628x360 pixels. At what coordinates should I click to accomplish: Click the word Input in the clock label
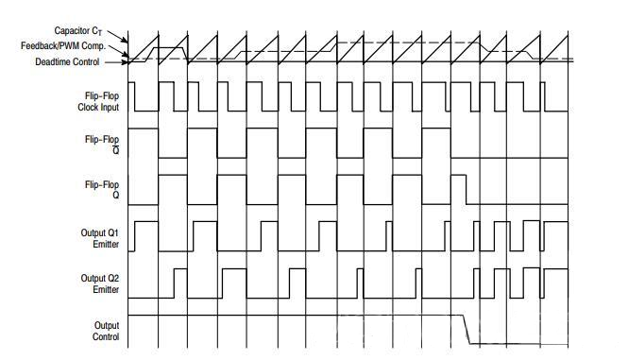(x=110, y=107)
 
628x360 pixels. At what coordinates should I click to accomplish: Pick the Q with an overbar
(x=115, y=149)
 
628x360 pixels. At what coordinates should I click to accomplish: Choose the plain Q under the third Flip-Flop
(x=115, y=196)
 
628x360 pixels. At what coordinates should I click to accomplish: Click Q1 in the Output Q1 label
(x=111, y=231)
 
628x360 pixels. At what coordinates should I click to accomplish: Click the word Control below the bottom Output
(x=106, y=336)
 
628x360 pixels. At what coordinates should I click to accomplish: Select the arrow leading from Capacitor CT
(x=122, y=39)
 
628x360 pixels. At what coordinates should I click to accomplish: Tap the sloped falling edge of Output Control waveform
(x=467, y=328)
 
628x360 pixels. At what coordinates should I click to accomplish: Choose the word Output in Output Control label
(x=106, y=324)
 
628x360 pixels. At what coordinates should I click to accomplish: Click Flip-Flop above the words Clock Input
(x=101, y=95)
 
